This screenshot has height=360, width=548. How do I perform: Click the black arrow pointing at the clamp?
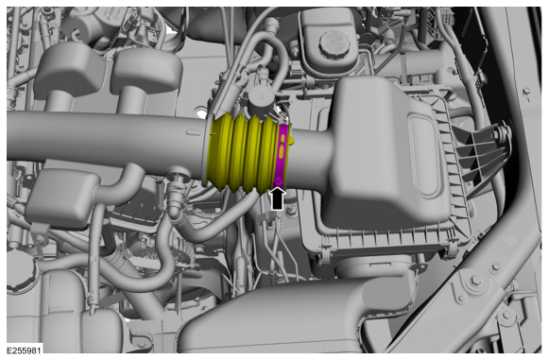[277, 199]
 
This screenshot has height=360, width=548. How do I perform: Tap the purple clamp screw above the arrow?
[279, 181]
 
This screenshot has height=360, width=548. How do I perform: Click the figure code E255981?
[24, 351]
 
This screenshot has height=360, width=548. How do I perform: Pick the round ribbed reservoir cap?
[334, 44]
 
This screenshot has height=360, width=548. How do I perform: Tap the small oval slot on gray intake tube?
[193, 132]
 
